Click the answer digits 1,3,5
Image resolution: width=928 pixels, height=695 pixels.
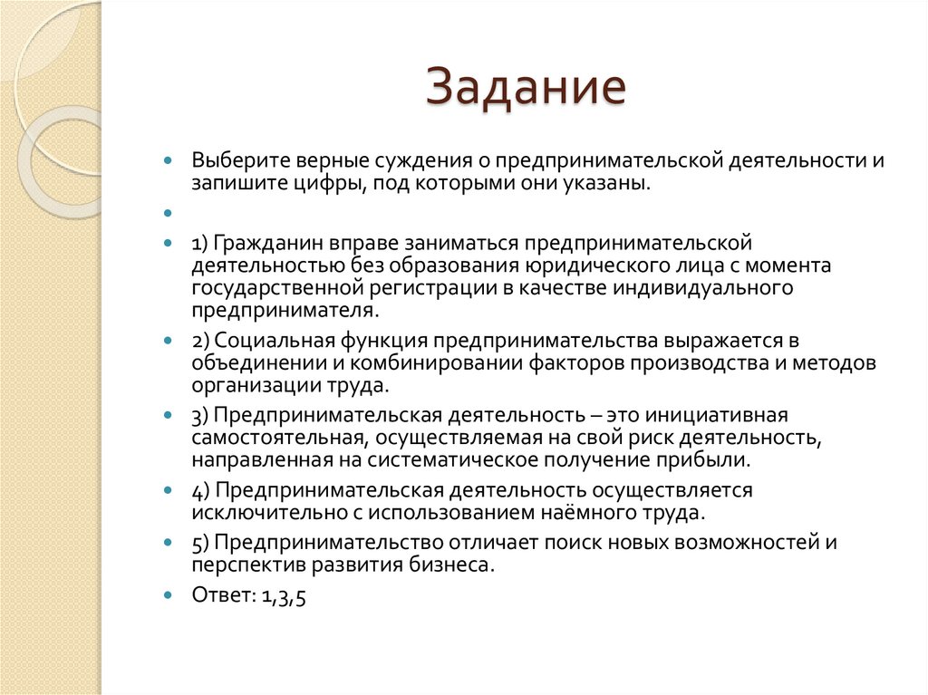click(x=284, y=596)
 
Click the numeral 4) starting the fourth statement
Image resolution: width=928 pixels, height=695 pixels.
click(x=200, y=490)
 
